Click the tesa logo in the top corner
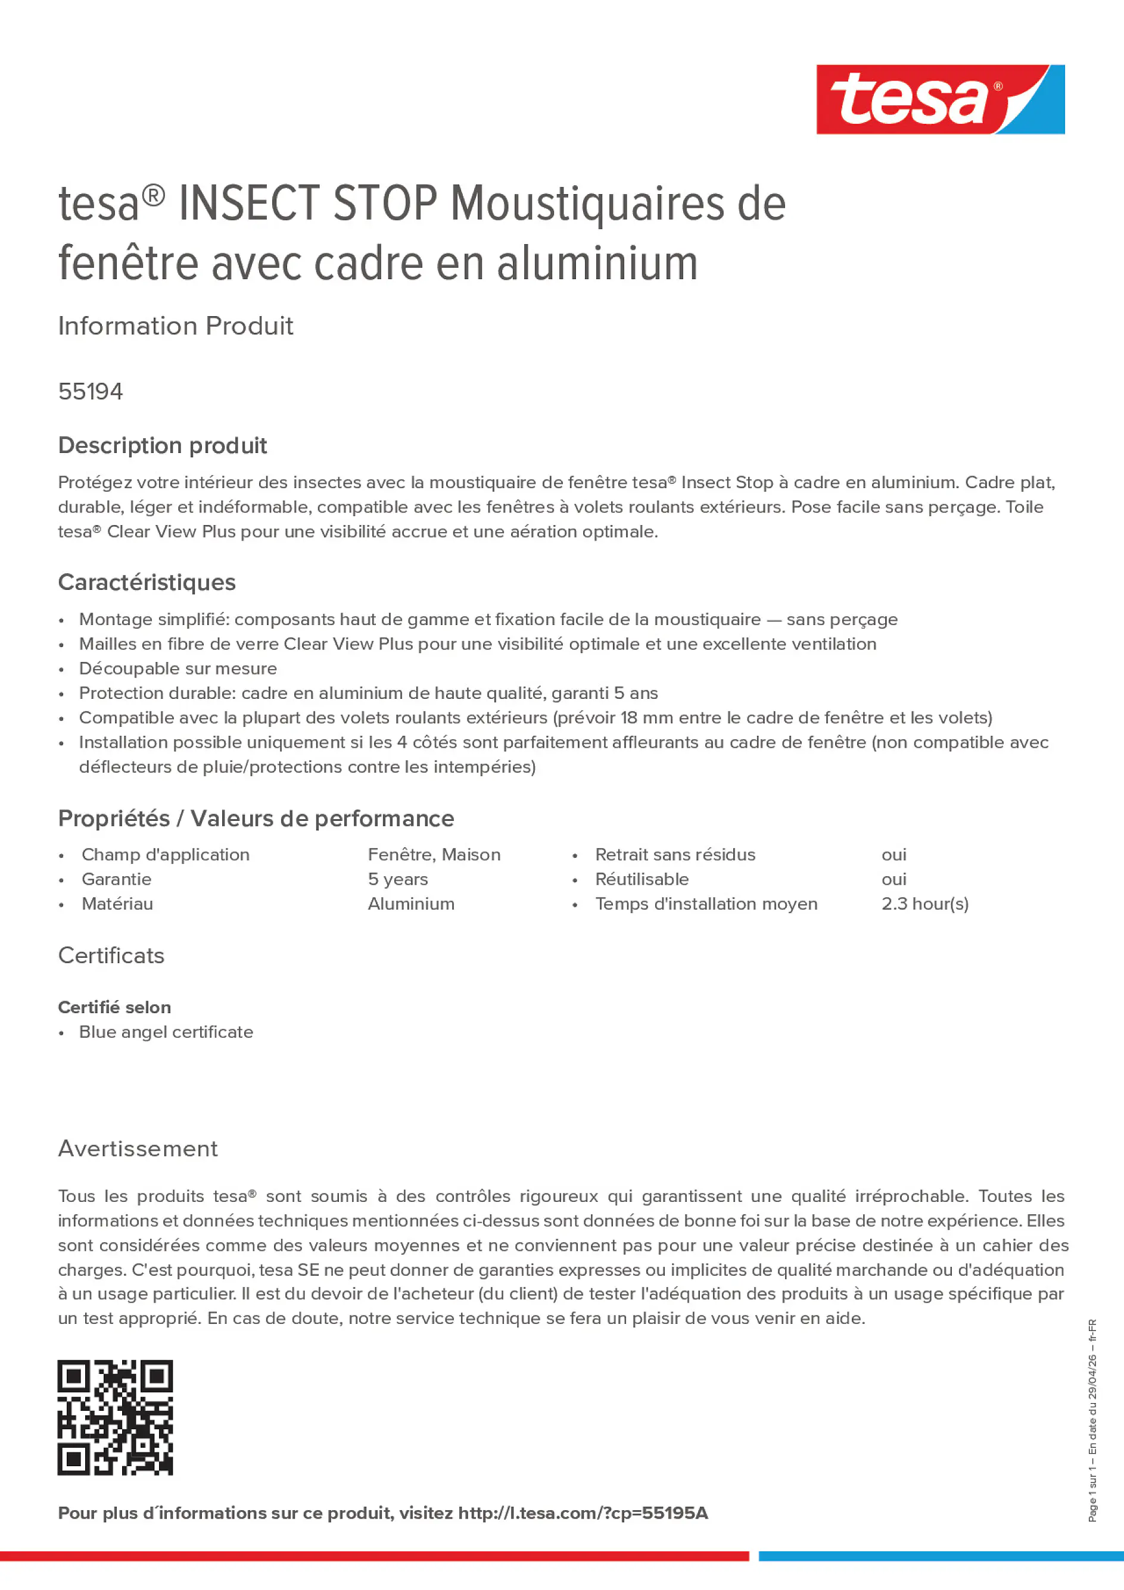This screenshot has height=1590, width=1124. [940, 100]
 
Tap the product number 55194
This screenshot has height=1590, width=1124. [91, 392]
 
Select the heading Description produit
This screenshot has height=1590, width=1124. [162, 445]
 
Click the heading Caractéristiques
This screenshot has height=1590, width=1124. [147, 582]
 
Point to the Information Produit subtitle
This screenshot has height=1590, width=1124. [175, 326]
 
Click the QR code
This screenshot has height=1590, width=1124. [115, 1417]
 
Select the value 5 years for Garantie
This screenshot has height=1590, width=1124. [398, 879]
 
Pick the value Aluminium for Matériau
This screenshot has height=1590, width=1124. [411, 904]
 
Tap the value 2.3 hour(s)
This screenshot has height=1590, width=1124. [924, 904]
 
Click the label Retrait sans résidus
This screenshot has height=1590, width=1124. [675, 855]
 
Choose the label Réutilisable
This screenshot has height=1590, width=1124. [642, 879]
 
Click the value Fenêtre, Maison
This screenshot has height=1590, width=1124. [434, 855]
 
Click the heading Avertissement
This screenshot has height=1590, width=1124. [138, 1149]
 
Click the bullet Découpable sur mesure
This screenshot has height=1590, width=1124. [178, 669]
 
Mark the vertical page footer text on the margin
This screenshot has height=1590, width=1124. [1092, 1420]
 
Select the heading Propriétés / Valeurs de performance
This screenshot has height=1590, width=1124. [256, 819]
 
